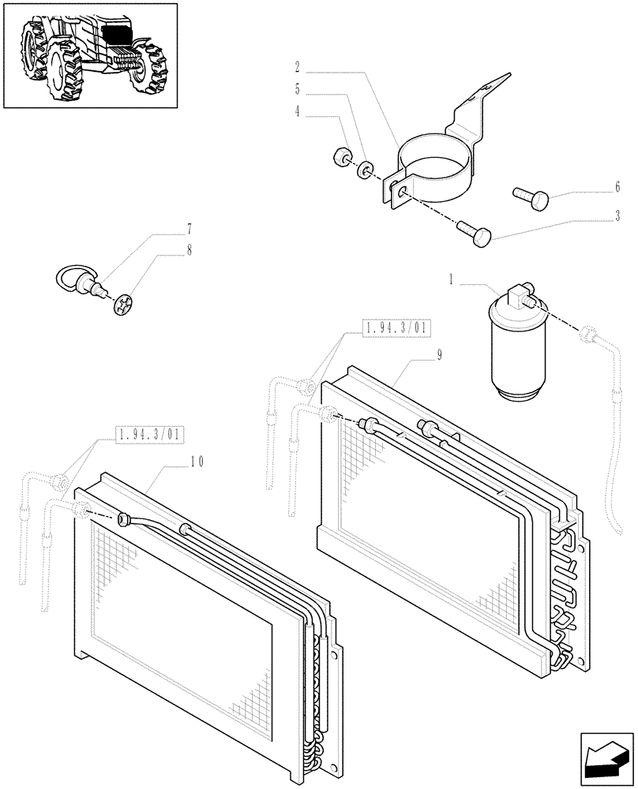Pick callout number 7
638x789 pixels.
click(189, 230)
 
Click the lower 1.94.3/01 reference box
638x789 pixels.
click(149, 434)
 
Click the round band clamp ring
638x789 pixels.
click(438, 170)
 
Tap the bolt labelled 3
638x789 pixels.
click(474, 231)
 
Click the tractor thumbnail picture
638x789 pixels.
click(90, 56)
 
